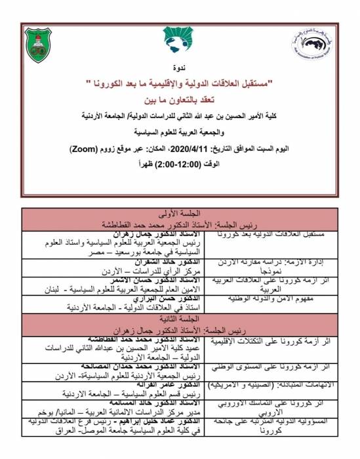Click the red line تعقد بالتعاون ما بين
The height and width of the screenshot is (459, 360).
(x=179, y=99)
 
